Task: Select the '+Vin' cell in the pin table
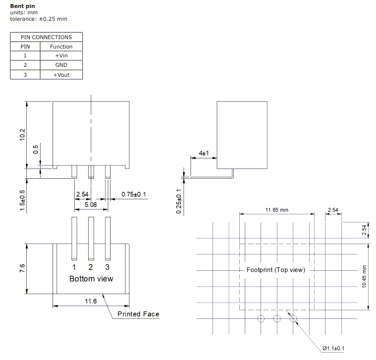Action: click(61, 56)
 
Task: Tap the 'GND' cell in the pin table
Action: click(61, 65)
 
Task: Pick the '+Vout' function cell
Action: click(61, 75)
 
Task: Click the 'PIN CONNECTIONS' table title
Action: click(46, 37)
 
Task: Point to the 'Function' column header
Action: click(61, 47)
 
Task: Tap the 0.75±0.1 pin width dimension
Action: click(134, 195)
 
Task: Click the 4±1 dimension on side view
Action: click(203, 154)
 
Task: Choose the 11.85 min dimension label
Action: click(276, 210)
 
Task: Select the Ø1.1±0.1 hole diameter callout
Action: click(333, 349)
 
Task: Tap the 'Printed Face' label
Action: click(138, 314)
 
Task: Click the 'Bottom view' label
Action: click(91, 279)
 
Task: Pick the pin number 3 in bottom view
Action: click(107, 267)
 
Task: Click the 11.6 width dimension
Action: click(91, 301)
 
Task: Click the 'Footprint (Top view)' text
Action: click(276, 270)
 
